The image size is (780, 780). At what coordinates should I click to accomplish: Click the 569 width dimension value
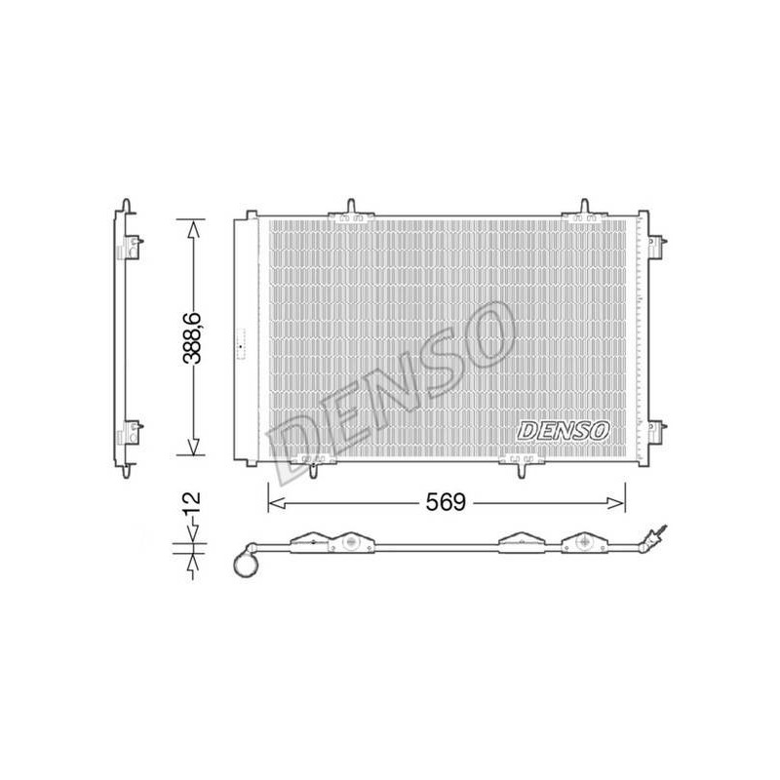point(446,502)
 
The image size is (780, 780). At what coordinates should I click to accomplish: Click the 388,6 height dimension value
point(191,337)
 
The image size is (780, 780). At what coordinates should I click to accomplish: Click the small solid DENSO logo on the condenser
point(564,430)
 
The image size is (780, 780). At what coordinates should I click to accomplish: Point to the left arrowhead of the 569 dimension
point(277,503)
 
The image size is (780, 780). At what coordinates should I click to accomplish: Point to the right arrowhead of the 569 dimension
point(616,503)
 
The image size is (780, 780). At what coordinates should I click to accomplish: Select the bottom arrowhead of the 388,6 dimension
point(193,447)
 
